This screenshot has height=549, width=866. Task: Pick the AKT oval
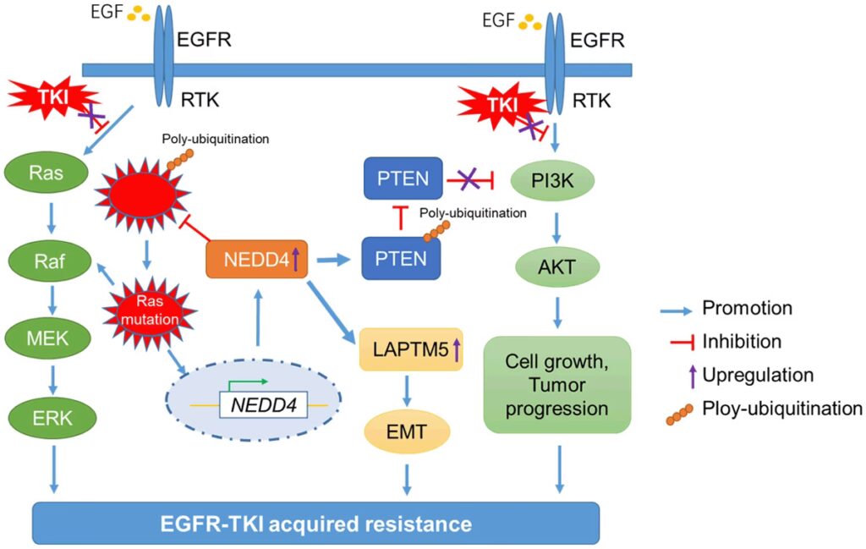pos(556,270)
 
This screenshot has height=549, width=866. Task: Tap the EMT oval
pos(408,434)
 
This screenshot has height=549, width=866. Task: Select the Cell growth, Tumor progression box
pos(557,385)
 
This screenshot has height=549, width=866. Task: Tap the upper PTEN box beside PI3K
pos(403,178)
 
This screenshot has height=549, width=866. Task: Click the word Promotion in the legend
pos(747,309)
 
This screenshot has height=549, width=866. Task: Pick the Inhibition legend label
pos(742,342)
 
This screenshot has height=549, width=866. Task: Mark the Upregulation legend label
pos(758,375)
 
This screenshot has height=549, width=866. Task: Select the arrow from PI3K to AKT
pos(556,226)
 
